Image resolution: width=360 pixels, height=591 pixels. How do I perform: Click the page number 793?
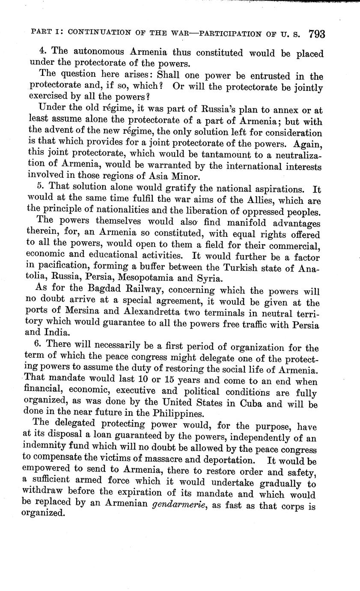316,34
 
